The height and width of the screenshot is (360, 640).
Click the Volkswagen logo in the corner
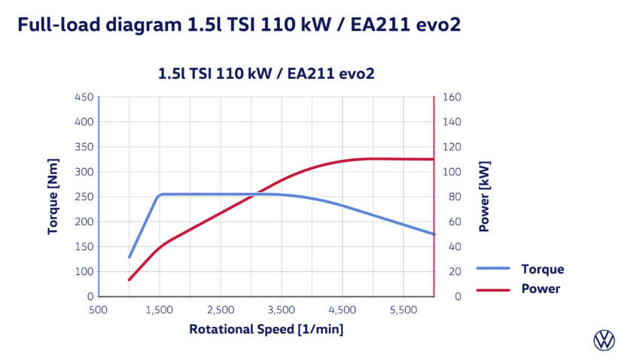click(x=604, y=340)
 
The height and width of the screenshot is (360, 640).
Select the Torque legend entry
click(x=541, y=269)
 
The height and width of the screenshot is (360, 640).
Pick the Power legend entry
click(x=540, y=288)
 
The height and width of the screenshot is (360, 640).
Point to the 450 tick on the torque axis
click(x=84, y=97)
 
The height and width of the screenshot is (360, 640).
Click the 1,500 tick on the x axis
click(x=159, y=310)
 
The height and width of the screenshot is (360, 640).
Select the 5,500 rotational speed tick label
click(x=403, y=310)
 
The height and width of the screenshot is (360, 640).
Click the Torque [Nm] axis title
click(x=53, y=197)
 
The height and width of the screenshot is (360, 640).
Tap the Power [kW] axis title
click(x=483, y=196)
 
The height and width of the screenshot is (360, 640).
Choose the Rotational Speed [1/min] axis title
click(x=267, y=329)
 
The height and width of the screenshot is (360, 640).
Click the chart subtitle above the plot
click(x=267, y=74)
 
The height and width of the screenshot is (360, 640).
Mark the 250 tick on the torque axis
click(x=84, y=197)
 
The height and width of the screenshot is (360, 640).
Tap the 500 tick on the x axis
click(x=98, y=310)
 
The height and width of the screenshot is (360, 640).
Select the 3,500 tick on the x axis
click(x=281, y=310)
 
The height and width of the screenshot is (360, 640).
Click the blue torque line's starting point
click(x=130, y=258)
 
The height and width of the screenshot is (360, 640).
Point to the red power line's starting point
click(x=130, y=280)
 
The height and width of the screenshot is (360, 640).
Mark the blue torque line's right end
click(x=434, y=234)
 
